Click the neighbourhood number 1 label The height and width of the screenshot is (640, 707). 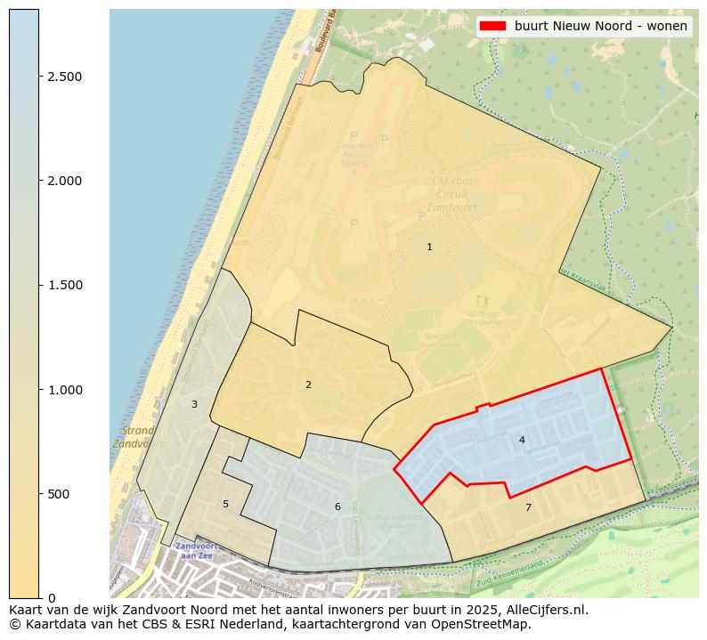point(429,247)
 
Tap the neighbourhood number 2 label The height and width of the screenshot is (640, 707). point(308,385)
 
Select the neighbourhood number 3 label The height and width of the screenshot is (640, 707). point(194,404)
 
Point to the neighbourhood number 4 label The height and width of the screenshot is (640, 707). point(522,440)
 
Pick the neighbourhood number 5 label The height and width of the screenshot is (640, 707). point(225,504)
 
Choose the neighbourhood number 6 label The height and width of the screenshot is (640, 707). point(337,506)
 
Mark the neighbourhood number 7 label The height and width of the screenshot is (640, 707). point(528,507)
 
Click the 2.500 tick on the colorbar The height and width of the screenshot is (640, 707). point(64,77)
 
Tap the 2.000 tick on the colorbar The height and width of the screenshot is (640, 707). point(64,181)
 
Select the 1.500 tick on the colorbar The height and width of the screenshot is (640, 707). point(64,285)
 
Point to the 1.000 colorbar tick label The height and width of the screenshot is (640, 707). point(64,390)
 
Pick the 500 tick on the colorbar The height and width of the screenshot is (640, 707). point(59,494)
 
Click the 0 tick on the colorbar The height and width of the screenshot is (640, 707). point(52,598)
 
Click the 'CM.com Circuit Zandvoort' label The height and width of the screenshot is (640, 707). point(452,194)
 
